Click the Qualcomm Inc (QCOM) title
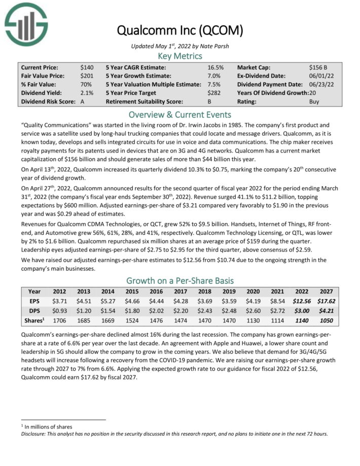pos(180,30)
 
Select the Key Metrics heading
pos(180,56)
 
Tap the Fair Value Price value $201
pos(87,76)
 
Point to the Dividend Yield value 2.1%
pos(87,93)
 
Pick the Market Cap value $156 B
pos(318,67)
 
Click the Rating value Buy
pos(314,101)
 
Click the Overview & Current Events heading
pos(180,115)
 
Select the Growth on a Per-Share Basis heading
pos(180,280)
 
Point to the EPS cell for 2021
pos(278,301)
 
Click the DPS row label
pos(34,310)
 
